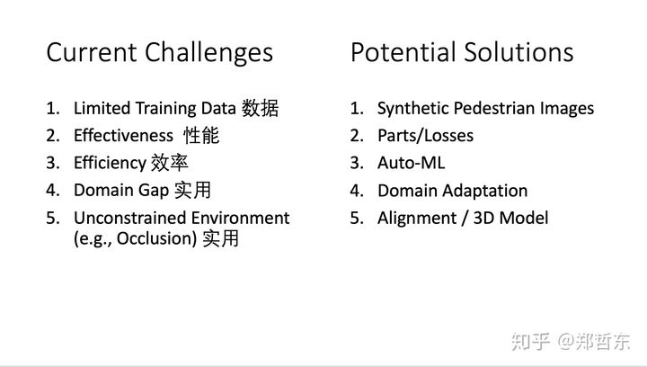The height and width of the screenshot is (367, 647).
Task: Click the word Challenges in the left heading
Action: tap(208, 53)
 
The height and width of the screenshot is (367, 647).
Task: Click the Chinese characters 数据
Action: tap(260, 108)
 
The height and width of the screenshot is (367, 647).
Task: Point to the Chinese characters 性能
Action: tap(201, 136)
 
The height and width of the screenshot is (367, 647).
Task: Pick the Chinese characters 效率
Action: tap(170, 163)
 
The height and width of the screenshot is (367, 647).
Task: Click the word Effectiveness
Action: tap(123, 136)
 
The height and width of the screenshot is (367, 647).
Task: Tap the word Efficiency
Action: tap(111, 164)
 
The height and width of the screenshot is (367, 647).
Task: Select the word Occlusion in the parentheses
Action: tap(156, 238)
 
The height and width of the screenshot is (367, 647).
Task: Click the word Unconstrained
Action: tap(130, 218)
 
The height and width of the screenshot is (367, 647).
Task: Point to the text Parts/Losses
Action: tap(425, 136)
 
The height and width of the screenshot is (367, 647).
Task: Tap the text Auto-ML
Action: tap(412, 163)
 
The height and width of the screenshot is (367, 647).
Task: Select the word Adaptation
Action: tap(487, 191)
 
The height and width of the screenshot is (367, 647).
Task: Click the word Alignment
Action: tap(417, 219)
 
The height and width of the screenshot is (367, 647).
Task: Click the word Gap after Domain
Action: tap(153, 191)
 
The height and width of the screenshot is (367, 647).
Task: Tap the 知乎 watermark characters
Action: tap(531, 342)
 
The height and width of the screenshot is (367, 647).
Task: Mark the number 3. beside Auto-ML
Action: tap(357, 163)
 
